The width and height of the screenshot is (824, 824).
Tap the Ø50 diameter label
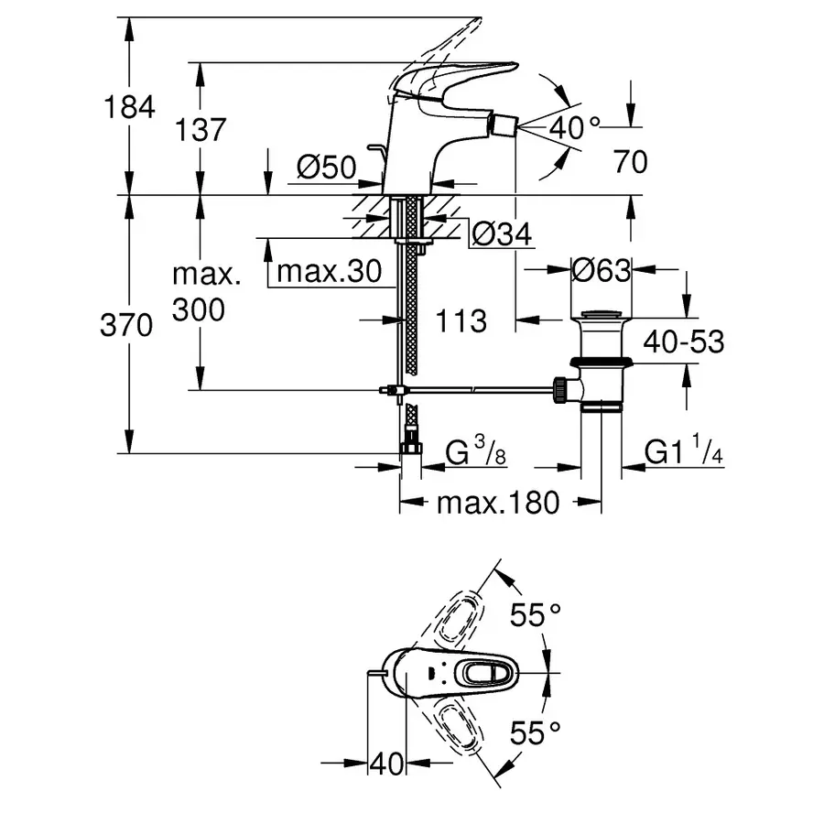[326, 167]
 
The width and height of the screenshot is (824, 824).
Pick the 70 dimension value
[630, 162]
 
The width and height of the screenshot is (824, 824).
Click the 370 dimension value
[125, 325]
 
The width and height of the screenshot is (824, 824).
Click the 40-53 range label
[683, 342]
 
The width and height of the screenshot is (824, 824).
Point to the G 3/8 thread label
[477, 452]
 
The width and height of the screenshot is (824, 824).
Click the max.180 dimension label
[497, 503]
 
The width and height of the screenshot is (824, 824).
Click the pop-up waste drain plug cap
[601, 317]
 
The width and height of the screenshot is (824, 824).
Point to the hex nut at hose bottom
[409, 449]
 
